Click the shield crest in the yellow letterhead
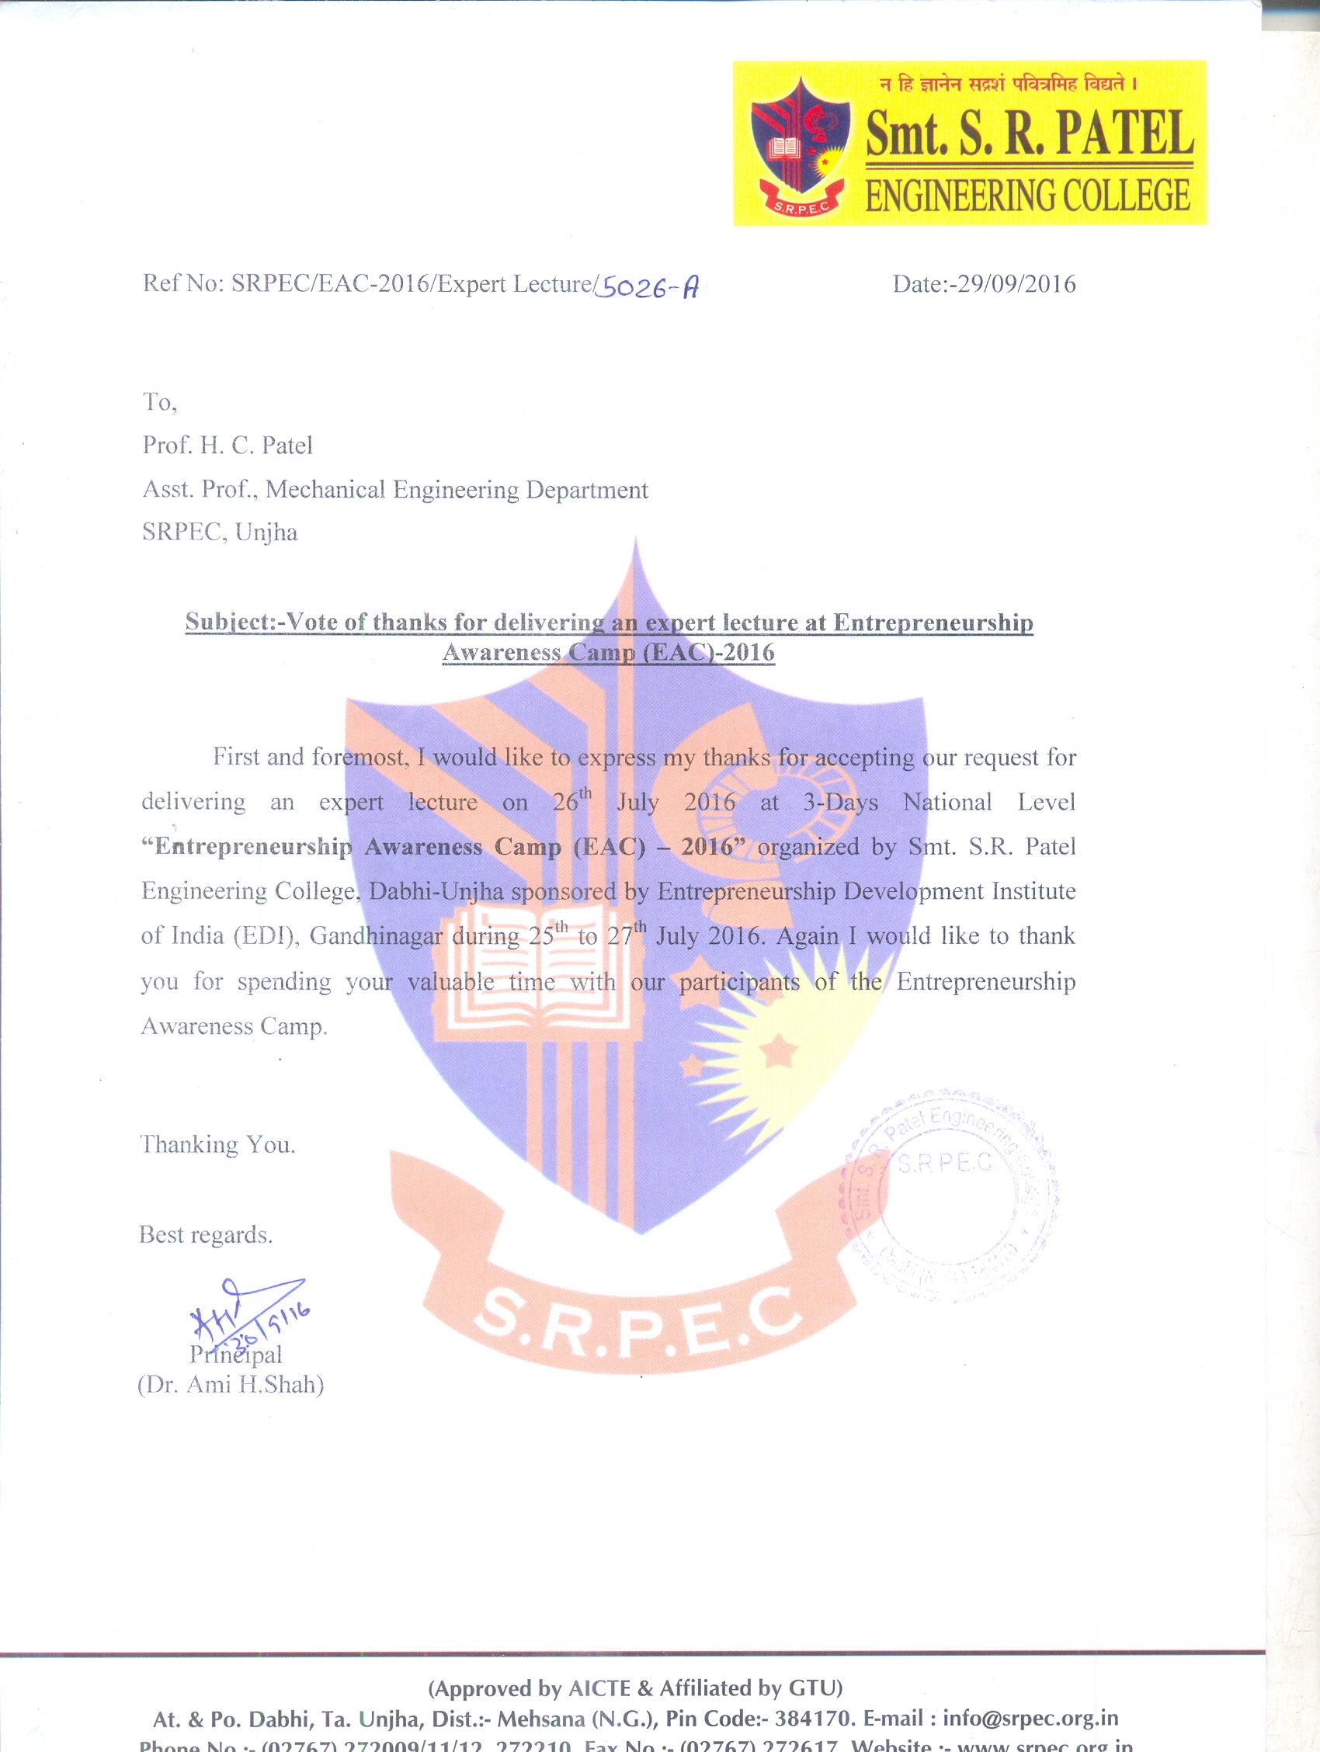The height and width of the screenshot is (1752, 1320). pyautogui.click(x=801, y=143)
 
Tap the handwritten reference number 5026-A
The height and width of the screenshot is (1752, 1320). pyautogui.click(x=647, y=286)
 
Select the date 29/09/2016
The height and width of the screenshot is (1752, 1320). pyautogui.click(x=1016, y=284)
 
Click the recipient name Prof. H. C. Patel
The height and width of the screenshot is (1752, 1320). pyautogui.click(x=228, y=446)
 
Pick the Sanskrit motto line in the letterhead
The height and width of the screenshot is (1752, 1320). pyautogui.click(x=1008, y=84)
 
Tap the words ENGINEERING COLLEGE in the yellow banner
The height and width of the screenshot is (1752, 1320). pyautogui.click(x=1026, y=196)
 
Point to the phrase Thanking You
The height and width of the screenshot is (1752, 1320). pyautogui.click(x=218, y=1145)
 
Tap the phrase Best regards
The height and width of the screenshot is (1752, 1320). pyautogui.click(x=206, y=1236)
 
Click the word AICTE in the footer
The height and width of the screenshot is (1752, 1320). pyautogui.click(x=599, y=1688)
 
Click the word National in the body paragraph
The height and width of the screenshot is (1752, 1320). pyautogui.click(x=947, y=803)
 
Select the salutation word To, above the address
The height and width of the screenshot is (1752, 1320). pyautogui.click(x=159, y=403)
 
